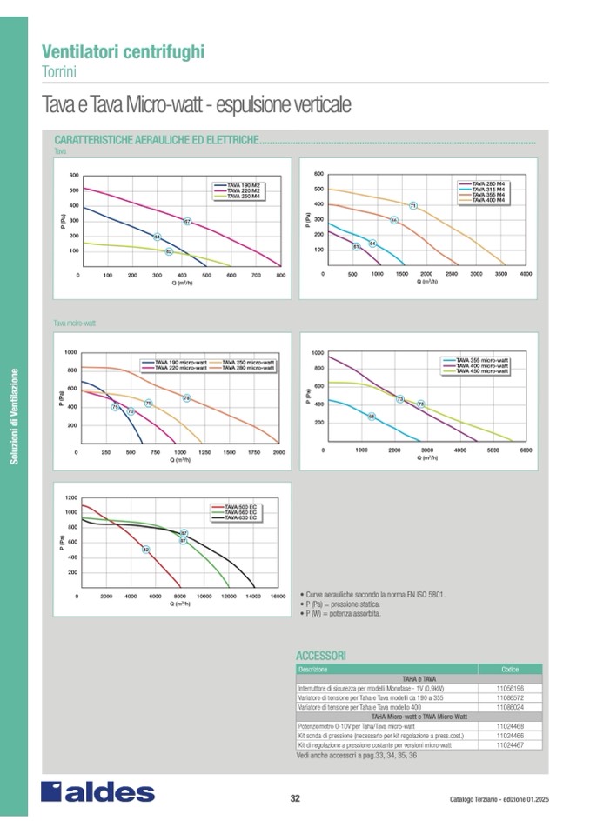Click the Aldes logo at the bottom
pos(97,792)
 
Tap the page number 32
pos(295,798)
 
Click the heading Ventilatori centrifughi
pos(124,51)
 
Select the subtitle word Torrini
pos(60,70)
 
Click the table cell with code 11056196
pos(509,687)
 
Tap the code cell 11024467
pos(509,745)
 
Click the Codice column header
pos(509,669)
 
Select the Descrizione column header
pos(313,669)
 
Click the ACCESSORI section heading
pos(321,654)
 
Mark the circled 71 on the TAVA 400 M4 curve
pos(413,205)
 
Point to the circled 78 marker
pos(186,398)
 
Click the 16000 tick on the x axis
pos(278,597)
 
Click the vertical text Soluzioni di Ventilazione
pos(15,417)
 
